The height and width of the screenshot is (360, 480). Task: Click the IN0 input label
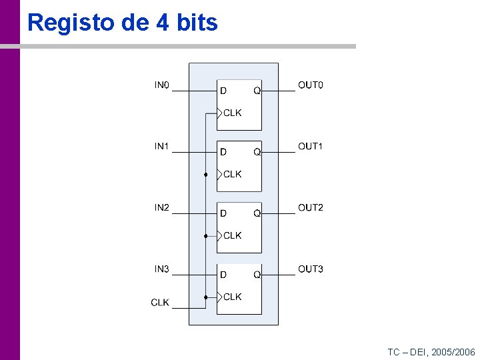pos(162,85)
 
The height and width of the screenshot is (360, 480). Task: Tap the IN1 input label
pos(162,147)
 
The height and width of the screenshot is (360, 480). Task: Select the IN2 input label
pos(162,208)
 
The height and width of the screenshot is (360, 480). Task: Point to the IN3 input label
pos(162,269)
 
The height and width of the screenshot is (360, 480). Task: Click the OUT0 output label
pos(311,85)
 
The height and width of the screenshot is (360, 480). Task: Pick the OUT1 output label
pos(311,147)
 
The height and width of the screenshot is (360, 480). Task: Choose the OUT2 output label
pos(311,208)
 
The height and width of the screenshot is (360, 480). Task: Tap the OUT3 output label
pos(311,269)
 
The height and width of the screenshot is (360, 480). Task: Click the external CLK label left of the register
pos(160,303)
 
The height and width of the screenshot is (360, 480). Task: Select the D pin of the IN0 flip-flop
pos(224,91)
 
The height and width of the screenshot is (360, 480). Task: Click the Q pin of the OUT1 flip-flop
pos(257,152)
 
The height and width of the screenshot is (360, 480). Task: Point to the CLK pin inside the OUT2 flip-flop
pos(232,235)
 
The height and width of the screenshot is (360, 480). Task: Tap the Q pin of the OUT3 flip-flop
pos(257,275)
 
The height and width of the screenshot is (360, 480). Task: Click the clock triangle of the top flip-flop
pos(220,113)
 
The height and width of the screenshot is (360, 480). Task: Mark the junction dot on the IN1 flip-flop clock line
pos(206,175)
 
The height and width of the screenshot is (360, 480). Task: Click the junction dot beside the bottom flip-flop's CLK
pos(206,297)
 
